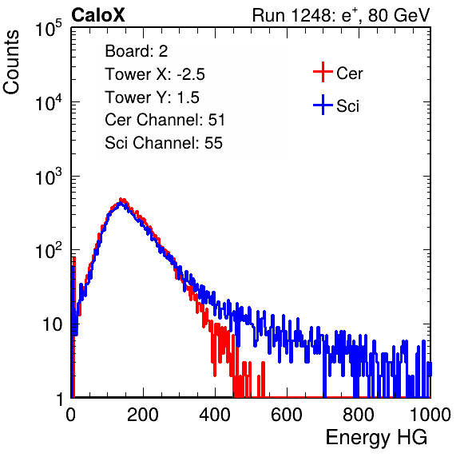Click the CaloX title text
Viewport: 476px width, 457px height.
98,15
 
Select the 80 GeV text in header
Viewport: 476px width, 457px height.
399,15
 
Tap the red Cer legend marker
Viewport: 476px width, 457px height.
323,72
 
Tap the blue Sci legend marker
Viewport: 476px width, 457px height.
323,105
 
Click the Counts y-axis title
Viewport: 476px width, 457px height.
11,62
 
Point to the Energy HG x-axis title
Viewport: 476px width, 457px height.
376,438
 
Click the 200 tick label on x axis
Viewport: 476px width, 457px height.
143,415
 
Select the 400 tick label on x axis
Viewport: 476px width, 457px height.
215,415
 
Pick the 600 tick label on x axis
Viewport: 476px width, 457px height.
287,415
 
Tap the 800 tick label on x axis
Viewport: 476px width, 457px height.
359,415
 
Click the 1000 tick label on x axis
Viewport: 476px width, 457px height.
430,415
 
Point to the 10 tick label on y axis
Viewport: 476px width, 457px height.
53,324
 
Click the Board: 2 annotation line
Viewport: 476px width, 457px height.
137,51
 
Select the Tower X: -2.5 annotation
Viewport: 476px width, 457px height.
155,74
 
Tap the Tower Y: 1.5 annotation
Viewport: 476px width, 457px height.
152,97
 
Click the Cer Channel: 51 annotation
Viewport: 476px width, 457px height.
165,120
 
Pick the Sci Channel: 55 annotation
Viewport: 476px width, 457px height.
164,143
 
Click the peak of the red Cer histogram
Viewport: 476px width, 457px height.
121,199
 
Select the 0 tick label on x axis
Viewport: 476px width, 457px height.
71,415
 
